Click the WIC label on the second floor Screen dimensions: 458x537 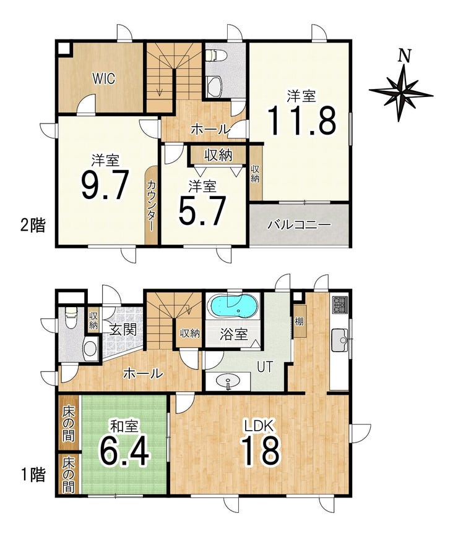103,78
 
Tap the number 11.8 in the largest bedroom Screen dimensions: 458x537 301,121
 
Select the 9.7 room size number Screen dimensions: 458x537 105,185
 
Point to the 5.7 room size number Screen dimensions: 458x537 202,211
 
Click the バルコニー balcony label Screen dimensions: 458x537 300,225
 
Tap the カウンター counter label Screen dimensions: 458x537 150,205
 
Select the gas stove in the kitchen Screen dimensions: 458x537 340,304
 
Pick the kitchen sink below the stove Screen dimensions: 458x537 340,340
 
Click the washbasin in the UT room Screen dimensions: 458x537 228,381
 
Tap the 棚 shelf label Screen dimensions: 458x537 299,321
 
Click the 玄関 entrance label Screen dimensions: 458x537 123,330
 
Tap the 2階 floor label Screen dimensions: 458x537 33,226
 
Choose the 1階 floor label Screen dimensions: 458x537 33,475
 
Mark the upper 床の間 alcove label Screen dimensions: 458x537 68,422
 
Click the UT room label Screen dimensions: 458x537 265,367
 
